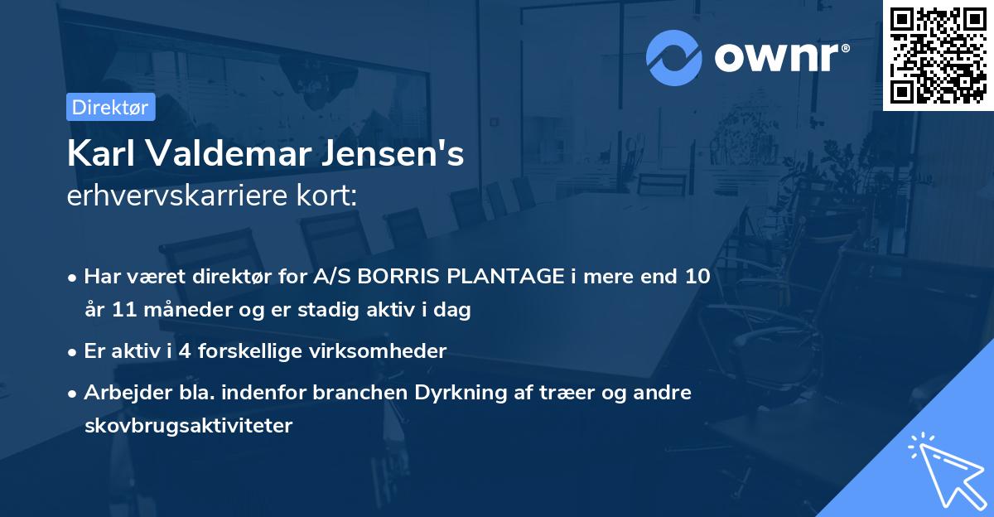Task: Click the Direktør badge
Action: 110,107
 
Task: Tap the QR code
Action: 938,55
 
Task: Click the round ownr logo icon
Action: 674,57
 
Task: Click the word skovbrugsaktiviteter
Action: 188,427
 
